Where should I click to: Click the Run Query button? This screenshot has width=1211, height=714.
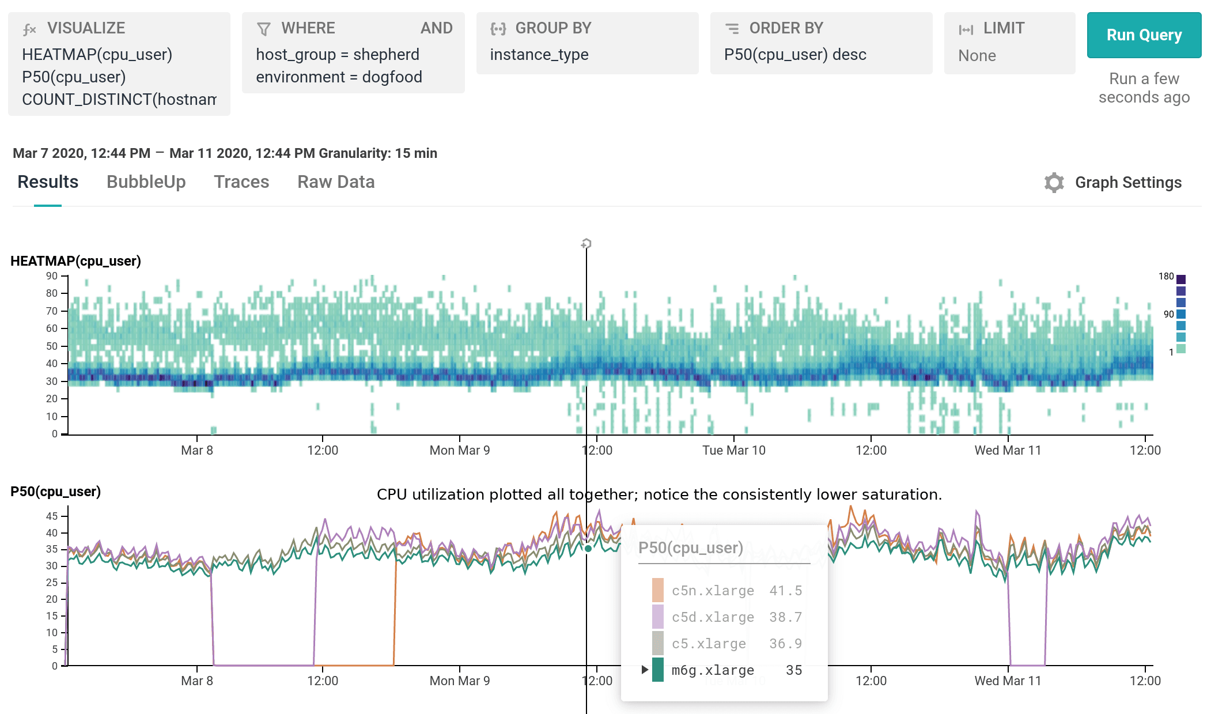click(x=1144, y=35)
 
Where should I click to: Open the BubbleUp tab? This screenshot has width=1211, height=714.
click(x=146, y=182)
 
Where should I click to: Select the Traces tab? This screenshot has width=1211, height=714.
click(x=241, y=182)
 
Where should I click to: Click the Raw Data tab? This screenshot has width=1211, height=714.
click(x=336, y=182)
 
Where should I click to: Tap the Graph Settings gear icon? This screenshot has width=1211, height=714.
click(x=1054, y=183)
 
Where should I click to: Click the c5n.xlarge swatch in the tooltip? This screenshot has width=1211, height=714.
click(x=657, y=591)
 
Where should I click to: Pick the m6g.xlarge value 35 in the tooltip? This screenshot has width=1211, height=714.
click(x=793, y=670)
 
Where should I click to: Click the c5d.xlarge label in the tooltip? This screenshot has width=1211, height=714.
click(x=713, y=617)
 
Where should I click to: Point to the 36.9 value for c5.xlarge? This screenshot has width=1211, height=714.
click(x=785, y=644)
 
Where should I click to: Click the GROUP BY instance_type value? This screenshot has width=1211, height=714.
click(x=539, y=55)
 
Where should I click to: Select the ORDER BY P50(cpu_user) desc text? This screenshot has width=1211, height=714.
click(x=795, y=55)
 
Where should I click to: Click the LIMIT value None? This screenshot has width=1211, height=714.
click(x=977, y=56)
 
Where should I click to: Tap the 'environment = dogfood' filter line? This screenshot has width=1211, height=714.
click(x=339, y=77)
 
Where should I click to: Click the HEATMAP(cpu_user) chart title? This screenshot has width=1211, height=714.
click(x=75, y=261)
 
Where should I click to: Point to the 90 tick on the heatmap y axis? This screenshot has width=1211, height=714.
click(x=52, y=276)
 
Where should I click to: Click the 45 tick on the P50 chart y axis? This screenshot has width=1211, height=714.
click(x=52, y=516)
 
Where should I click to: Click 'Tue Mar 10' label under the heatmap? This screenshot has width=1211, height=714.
click(x=733, y=450)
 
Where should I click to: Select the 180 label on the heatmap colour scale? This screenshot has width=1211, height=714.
click(x=1165, y=277)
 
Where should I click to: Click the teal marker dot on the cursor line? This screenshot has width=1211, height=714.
click(x=588, y=549)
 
